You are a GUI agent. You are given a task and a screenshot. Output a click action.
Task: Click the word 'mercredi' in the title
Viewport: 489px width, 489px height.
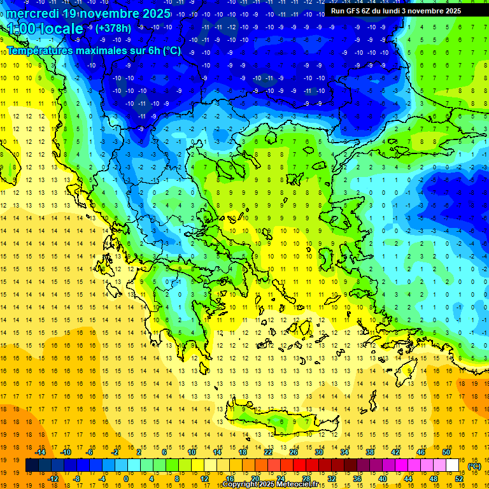[33, 13]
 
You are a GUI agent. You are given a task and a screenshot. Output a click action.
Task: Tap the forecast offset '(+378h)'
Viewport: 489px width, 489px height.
[114, 28]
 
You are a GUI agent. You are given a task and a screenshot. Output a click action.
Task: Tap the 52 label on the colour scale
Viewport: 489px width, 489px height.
[459, 479]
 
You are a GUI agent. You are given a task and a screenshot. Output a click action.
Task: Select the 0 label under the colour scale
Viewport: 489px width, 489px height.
[127, 479]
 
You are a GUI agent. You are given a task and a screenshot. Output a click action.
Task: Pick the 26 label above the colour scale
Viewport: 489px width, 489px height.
[294, 451]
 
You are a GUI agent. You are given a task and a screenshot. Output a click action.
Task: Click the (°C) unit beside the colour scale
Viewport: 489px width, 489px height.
[474, 465]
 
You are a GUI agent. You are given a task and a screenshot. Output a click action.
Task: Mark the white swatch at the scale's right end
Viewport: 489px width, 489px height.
[453, 465]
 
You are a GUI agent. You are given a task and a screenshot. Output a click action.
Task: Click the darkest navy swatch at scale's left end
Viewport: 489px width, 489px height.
[32, 465]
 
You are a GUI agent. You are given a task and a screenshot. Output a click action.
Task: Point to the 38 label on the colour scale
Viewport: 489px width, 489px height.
[370, 451]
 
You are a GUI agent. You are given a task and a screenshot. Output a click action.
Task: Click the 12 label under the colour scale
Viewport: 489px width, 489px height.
[204, 479]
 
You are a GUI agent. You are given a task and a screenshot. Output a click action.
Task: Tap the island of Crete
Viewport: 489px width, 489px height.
[274, 420]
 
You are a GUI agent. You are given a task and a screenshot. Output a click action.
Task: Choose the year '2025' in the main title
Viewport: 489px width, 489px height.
[152, 13]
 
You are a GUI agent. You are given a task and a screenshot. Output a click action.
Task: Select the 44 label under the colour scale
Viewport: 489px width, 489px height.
[408, 479]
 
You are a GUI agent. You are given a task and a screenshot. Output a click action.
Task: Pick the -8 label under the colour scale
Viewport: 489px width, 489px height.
[76, 479]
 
